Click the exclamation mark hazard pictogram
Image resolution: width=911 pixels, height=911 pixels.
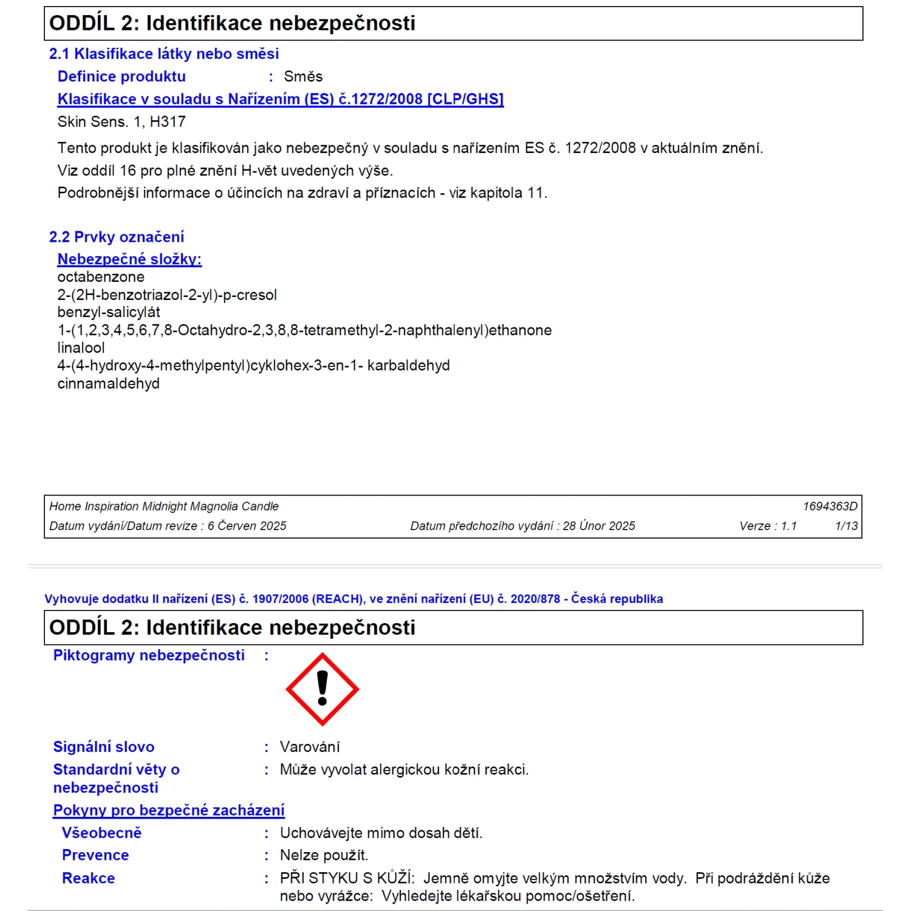pyautogui.click(x=322, y=689)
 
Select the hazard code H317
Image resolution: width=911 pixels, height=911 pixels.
pyautogui.click(x=168, y=122)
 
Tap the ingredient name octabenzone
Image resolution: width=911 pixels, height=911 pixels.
pyautogui.click(x=101, y=277)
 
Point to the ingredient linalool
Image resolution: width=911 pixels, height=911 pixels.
pyautogui.click(x=81, y=348)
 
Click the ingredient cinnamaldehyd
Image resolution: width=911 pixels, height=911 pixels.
pyautogui.click(x=108, y=384)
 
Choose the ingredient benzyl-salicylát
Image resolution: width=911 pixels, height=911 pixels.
pyautogui.click(x=109, y=312)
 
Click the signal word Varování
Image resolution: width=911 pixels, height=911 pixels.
pyautogui.click(x=310, y=747)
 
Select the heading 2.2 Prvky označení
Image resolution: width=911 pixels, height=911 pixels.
pyautogui.click(x=116, y=237)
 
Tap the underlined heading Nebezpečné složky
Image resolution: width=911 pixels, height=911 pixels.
pyautogui.click(x=129, y=259)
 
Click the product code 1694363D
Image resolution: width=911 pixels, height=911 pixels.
pyautogui.click(x=830, y=507)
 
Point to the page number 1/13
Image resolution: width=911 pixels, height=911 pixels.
pyautogui.click(x=846, y=526)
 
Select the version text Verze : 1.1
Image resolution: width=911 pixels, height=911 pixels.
pyautogui.click(x=768, y=526)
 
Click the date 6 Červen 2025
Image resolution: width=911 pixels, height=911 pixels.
pyautogui.click(x=247, y=526)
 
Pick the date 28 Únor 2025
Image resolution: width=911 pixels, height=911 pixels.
pyautogui.click(x=598, y=526)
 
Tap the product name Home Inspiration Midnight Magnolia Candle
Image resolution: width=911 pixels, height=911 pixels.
pyautogui.click(x=164, y=507)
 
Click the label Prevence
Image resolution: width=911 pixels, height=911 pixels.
pyautogui.click(x=95, y=855)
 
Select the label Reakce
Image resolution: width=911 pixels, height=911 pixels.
pyautogui.click(x=89, y=878)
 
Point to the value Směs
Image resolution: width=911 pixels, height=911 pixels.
pyautogui.click(x=303, y=77)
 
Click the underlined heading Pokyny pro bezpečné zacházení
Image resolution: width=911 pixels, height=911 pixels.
pyautogui.click(x=169, y=810)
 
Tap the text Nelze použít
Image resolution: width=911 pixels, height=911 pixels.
pyautogui.click(x=324, y=855)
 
